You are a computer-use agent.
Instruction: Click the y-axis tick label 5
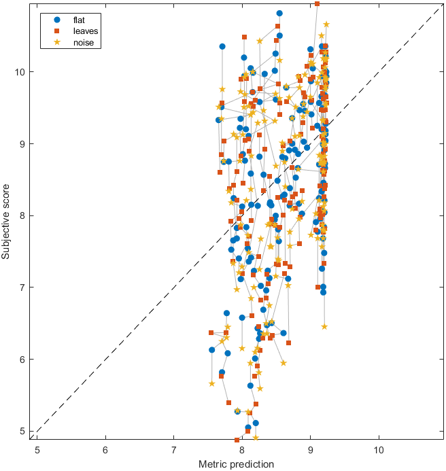click(23, 431)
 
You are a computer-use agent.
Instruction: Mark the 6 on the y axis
click(23, 359)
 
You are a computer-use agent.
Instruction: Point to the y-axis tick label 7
click(23, 287)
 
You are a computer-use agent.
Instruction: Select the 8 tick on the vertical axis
click(23, 215)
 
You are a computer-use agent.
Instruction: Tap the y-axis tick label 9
click(23, 143)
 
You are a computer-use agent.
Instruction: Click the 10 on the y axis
click(20, 71)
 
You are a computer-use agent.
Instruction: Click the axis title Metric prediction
click(236, 464)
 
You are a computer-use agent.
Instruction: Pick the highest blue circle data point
click(279, 13)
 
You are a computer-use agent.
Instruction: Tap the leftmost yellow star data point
click(211, 383)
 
